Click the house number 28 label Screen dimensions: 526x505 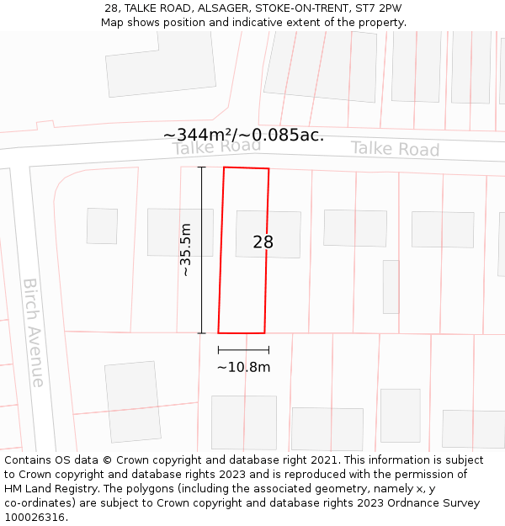pyautogui.click(x=263, y=242)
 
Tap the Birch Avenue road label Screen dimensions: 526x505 pyautogui.click(x=34, y=332)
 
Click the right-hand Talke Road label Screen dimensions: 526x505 pyautogui.click(x=395, y=149)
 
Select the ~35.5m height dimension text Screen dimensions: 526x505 pyautogui.click(x=186, y=250)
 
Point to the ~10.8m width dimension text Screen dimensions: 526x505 pyautogui.click(x=243, y=367)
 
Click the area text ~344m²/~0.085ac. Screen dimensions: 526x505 pyautogui.click(x=243, y=135)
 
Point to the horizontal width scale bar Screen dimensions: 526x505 pyautogui.click(x=243, y=349)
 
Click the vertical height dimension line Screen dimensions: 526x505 pyautogui.click(x=202, y=250)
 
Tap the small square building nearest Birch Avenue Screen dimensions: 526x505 pyautogui.click(x=102, y=226)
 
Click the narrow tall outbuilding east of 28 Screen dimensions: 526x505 pyautogui.click(x=391, y=286)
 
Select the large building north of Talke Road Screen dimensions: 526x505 pyautogui.click(x=160, y=63)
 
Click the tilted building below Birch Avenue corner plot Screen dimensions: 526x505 pyautogui.click(x=132, y=401)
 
